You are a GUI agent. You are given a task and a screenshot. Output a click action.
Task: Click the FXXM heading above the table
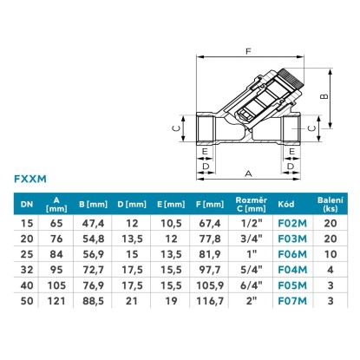[30, 179]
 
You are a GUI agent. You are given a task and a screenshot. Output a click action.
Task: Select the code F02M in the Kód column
[292, 223]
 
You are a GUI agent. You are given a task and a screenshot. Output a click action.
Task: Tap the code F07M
[292, 301]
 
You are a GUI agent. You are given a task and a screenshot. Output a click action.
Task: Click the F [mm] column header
[210, 205]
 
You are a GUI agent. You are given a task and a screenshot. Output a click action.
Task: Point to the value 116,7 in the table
[210, 301]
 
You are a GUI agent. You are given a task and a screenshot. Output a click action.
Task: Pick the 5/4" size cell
[252, 270]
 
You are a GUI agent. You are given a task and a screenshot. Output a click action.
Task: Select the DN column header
[27, 205]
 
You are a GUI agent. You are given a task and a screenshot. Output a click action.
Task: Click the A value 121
[56, 301]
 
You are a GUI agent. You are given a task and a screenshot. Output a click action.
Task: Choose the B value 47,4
[93, 223]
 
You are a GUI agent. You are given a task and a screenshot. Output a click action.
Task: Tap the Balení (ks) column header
[331, 204]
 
